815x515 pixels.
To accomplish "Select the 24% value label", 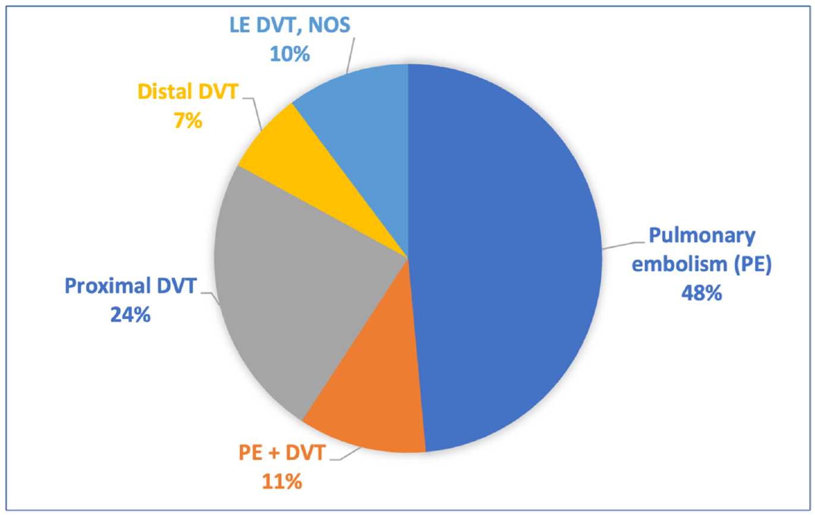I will click(x=130, y=314).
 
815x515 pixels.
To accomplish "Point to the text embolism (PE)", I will click(x=701, y=265).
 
